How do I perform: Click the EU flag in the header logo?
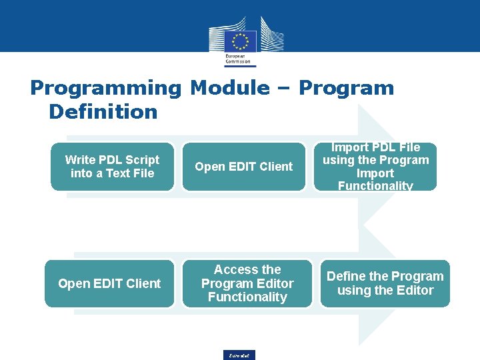241,41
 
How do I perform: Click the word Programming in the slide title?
105,88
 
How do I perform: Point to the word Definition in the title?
103,111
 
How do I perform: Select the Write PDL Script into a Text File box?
112,167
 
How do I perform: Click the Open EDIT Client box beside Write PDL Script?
243,167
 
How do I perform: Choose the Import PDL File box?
375,167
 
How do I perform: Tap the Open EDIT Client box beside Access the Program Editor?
109,283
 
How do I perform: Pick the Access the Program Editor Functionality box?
247,283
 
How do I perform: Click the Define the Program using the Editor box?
385,283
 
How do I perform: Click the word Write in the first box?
80,160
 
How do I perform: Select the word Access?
237,270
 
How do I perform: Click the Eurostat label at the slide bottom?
239,355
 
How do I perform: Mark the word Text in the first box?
117,173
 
